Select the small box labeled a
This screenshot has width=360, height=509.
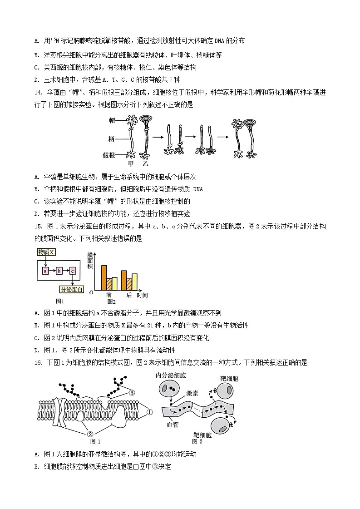(x=45, y=271)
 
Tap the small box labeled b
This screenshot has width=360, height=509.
(x=59, y=271)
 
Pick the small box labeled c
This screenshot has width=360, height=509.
(x=73, y=271)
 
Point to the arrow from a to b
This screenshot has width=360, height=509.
(x=52, y=271)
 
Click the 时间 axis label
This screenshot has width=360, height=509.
(x=142, y=295)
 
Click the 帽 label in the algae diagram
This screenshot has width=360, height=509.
(x=112, y=120)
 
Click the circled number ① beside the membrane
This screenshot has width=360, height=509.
(x=150, y=412)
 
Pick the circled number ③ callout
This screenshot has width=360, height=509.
(x=132, y=392)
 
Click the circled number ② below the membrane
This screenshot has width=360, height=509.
(x=90, y=434)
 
